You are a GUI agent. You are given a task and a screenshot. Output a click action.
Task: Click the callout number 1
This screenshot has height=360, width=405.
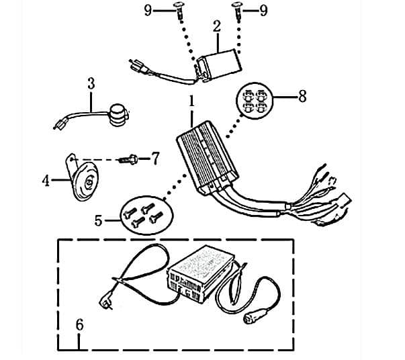coord(192,103)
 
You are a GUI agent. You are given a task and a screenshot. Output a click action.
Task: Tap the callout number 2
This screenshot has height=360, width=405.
coord(217,27)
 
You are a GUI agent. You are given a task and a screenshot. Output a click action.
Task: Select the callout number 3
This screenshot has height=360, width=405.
coord(91,84)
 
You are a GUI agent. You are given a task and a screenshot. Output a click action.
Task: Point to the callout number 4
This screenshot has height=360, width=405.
coord(46,181)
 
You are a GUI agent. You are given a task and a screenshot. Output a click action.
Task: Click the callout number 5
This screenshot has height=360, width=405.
coord(99,220)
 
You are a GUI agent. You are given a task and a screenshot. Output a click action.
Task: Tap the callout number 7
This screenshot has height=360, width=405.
coord(155,159)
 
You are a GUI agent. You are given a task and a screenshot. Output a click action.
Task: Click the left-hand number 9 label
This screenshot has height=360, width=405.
coord(148,9)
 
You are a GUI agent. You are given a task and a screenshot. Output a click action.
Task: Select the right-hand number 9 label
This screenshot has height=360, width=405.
coord(263,9)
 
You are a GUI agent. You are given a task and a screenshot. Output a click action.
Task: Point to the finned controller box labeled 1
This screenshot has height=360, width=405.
coord(206,159)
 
